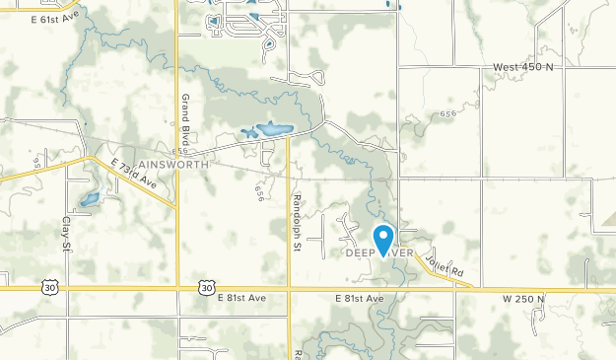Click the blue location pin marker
point(383,239)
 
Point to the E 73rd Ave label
point(135,173)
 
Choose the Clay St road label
point(68,234)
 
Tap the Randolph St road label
point(295,222)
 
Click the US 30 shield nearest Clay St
point(49,286)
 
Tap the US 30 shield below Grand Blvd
point(204,286)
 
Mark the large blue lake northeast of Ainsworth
point(272,129)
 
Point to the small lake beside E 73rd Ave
point(90,199)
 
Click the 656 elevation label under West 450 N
point(449,114)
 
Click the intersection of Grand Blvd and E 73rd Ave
point(176,206)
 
